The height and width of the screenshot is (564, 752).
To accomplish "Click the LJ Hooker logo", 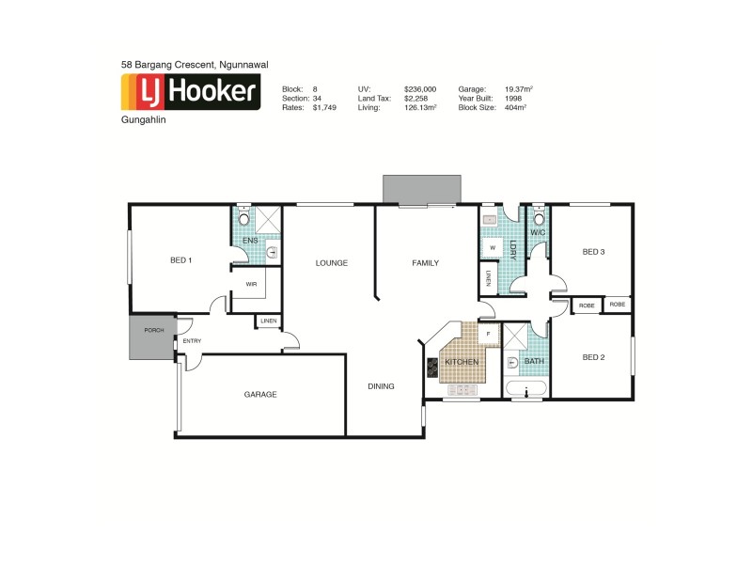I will (191, 92).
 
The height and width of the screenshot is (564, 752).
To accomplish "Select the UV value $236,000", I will (420, 88).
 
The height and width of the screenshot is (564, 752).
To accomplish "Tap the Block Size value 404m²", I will (513, 107).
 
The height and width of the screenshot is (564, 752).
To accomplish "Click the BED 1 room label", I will (180, 260).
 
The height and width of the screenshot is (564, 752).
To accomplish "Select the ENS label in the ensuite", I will (250, 241).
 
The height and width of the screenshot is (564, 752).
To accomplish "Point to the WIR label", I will (251, 283).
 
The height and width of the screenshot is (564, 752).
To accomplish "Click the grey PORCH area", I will (152, 340).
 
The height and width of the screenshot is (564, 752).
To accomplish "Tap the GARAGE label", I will (260, 395).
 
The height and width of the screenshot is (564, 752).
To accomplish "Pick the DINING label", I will (381, 386).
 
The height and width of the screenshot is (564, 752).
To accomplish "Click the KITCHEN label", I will (462, 362).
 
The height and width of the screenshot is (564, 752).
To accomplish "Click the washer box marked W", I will (491, 248).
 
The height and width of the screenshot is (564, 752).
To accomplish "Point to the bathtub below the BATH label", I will (525, 389).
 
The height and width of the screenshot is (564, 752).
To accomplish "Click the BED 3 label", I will (593, 251).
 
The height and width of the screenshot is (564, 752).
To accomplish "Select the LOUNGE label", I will (331, 263).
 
